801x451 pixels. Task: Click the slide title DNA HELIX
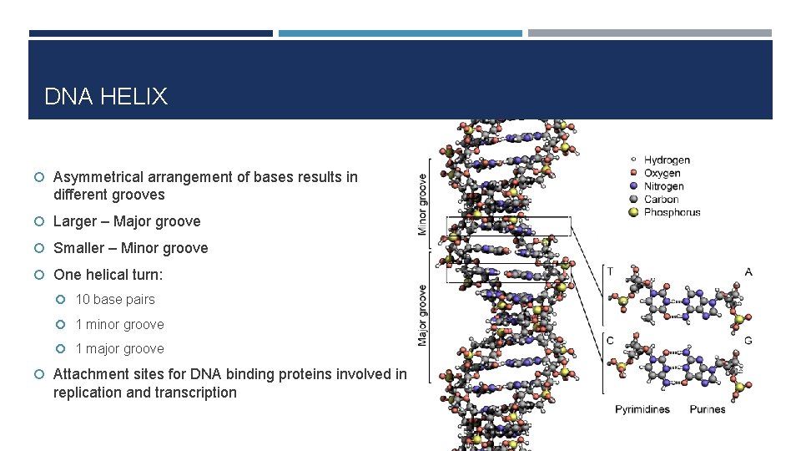coord(105,97)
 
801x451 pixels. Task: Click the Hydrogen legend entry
coord(666,160)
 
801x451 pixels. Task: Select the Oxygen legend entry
coord(662,174)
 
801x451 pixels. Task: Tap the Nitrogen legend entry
coord(663,186)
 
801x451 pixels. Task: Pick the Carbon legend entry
coord(661,199)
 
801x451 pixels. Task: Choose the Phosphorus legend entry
coord(672,212)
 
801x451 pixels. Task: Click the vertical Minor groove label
coord(422,203)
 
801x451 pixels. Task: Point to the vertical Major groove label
coord(422,316)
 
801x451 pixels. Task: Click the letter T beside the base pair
coord(611,271)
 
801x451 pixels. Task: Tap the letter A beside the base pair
coord(748,271)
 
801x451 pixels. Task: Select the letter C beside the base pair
coord(611,340)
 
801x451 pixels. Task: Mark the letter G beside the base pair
coord(748,340)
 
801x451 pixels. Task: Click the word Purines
coord(708,409)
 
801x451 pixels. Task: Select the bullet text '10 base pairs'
coord(115,299)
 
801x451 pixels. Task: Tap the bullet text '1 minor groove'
coord(119,324)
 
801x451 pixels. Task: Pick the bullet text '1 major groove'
coord(119,348)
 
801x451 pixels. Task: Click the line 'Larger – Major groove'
coord(127,221)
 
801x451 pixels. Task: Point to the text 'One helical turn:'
coord(108,275)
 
